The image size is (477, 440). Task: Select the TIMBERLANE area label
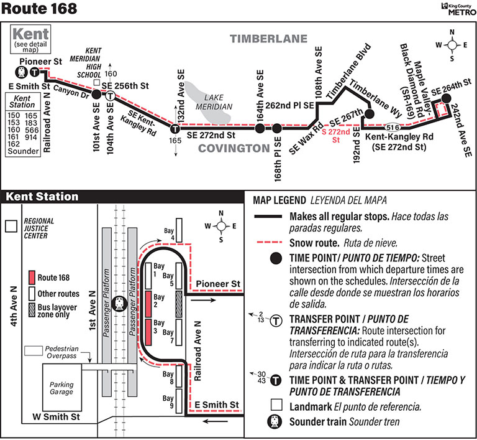pos(269,39)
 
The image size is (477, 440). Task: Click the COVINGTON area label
pos(234,148)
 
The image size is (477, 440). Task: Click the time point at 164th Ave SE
pos(260,129)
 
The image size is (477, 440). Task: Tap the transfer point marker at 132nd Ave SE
pos(175,129)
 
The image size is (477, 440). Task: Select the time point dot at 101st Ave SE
pos(96,95)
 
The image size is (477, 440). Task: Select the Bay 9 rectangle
pos(179,402)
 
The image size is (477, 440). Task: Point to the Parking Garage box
pos(61,388)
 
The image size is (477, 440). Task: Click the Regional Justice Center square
pos(11,227)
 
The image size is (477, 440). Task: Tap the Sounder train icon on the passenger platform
pos(120,302)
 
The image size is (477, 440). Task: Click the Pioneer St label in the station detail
pos(217,284)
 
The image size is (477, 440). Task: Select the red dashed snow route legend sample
pos(270,243)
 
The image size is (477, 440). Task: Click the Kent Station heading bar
pos(42,197)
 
